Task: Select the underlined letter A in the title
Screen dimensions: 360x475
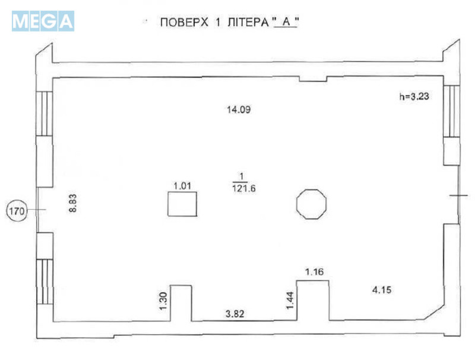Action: point(283,24)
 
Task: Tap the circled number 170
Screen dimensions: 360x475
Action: point(18,210)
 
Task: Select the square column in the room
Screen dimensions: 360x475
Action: point(183,204)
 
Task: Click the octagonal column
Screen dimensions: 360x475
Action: point(311,204)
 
